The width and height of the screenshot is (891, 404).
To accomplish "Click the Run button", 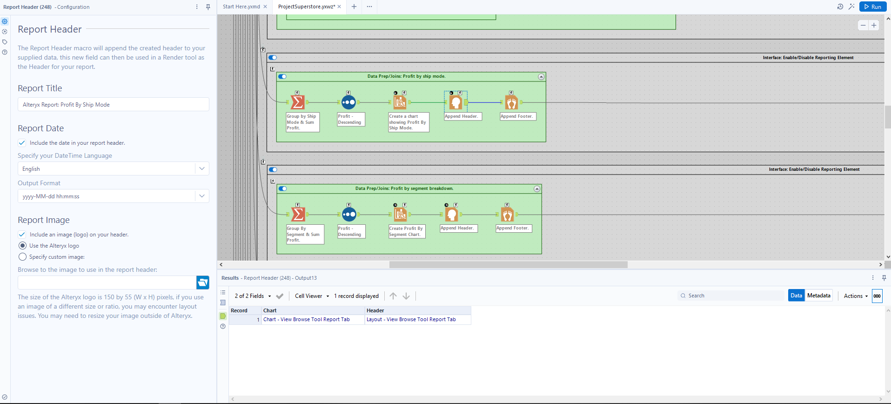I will point(872,7).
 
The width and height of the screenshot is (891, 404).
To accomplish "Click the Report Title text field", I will point(113,105).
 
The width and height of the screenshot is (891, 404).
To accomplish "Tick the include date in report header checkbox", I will point(22,143).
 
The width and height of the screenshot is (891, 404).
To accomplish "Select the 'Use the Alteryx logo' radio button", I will point(22,246).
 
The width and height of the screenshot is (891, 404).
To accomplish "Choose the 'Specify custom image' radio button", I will point(22,257).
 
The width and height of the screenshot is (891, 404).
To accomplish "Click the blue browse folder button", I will point(203,283).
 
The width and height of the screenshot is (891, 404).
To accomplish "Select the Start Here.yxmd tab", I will point(241,7).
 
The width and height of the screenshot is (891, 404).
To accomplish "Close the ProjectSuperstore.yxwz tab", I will point(339,7).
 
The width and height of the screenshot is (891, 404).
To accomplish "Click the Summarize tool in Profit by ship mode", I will point(297,102).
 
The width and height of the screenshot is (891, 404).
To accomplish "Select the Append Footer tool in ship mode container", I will point(511,102).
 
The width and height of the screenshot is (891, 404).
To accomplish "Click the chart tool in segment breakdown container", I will point(400,214).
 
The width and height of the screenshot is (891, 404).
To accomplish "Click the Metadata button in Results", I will point(818,296).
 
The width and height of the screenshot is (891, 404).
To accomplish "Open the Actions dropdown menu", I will point(856,296).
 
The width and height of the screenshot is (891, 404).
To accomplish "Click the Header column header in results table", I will point(375,310).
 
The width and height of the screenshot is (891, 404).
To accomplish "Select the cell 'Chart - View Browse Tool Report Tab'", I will point(306,320).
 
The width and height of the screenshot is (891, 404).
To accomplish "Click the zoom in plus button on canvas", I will point(874,26).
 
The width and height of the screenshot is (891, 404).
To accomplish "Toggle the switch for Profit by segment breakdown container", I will point(283,189).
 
